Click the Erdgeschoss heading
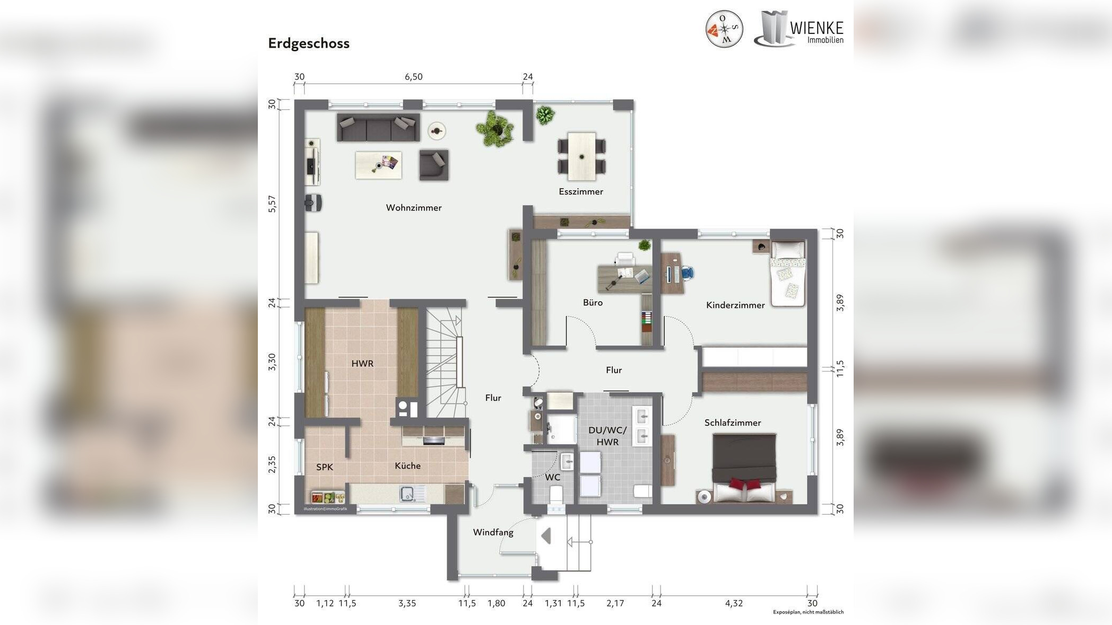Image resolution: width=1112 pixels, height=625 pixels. (308, 43)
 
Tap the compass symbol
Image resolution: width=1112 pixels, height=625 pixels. (724, 29)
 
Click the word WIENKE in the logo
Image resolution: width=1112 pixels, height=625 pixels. (816, 28)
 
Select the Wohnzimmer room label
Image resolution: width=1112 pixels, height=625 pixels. (414, 208)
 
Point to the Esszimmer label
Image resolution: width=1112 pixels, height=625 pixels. (580, 192)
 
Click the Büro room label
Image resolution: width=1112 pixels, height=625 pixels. (593, 303)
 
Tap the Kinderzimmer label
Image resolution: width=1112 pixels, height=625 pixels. (735, 305)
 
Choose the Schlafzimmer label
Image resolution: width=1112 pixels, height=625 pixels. (733, 423)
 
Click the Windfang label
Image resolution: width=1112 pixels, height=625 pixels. (493, 532)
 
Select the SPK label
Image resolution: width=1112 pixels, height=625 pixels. (325, 467)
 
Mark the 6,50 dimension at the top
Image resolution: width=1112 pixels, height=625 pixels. (414, 77)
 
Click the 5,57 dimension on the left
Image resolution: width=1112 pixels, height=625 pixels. (272, 204)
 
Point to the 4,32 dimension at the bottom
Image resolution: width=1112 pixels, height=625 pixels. (734, 603)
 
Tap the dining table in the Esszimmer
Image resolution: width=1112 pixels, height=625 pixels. (582, 157)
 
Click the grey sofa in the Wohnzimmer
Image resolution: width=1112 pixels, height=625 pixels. (378, 127)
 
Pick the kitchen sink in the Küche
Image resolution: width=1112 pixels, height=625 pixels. (407, 494)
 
